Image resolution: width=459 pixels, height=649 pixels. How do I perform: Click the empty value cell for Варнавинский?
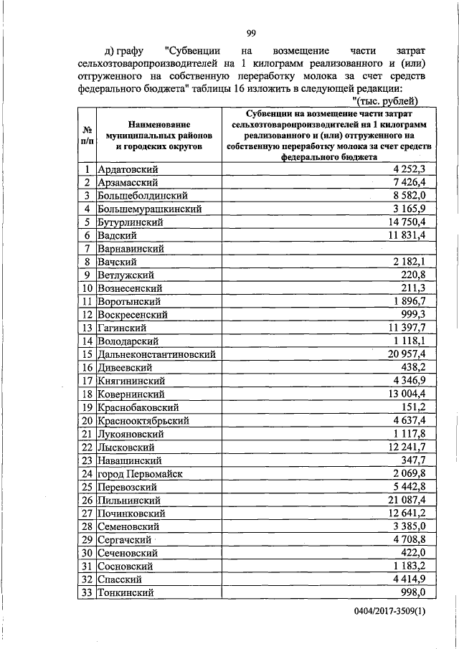pos(329,249)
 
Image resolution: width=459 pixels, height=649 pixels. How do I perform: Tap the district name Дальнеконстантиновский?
pos(157,354)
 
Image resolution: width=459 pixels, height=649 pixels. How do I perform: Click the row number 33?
pos(86,592)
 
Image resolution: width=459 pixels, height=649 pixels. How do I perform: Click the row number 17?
pos(86,381)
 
